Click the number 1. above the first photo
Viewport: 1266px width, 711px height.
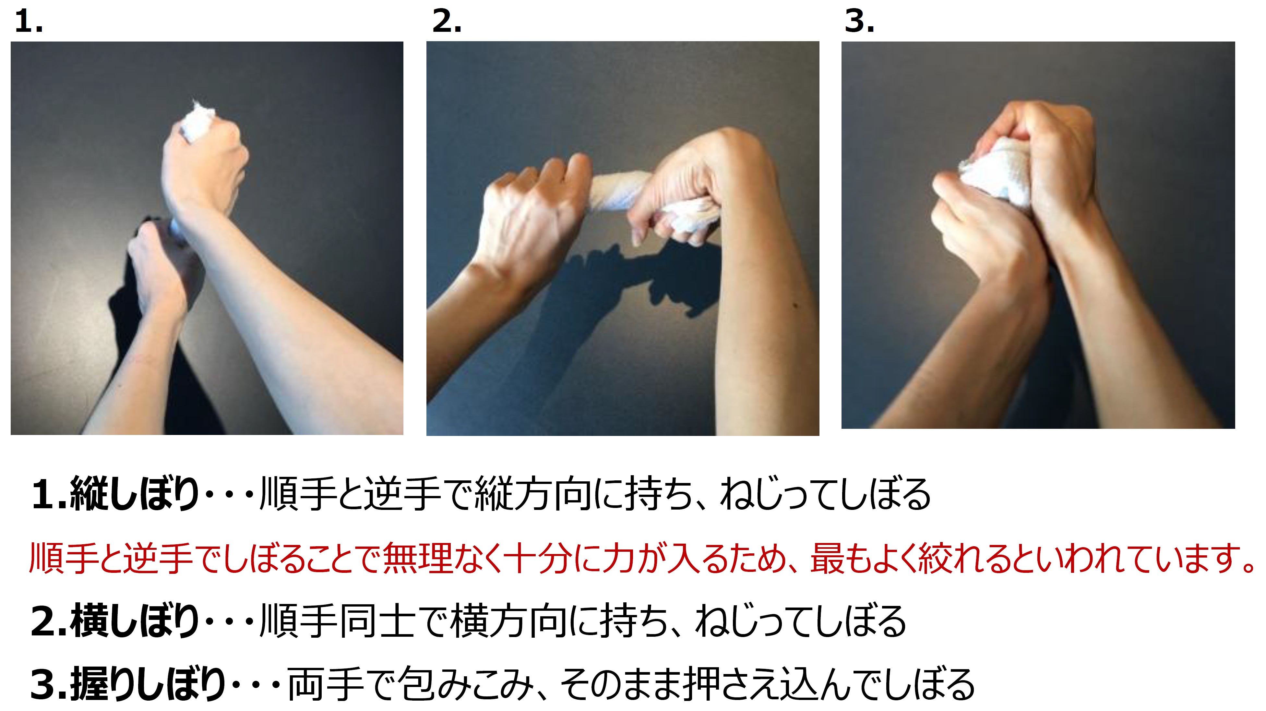[x=29, y=22]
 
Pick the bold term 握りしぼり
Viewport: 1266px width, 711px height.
[x=148, y=683]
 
